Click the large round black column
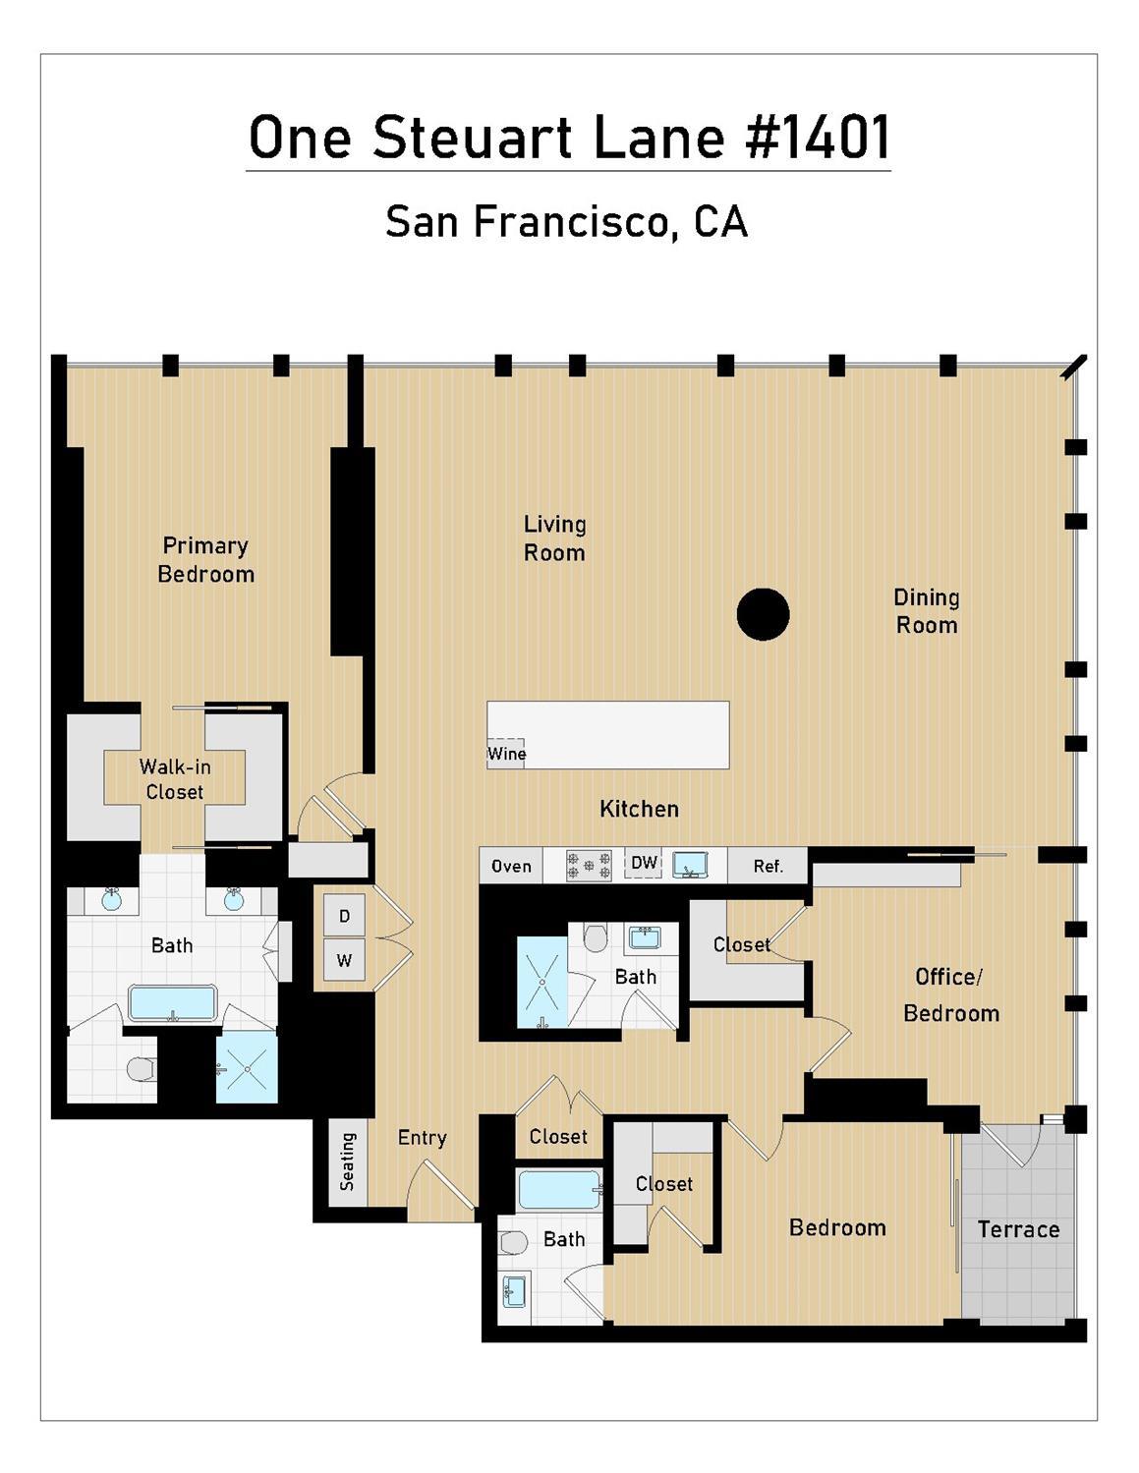coord(763,614)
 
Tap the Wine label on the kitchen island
coord(506,753)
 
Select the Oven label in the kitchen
coord(511,866)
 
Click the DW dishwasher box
coord(644,862)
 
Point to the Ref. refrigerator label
coord(769,866)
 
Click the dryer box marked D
coord(344,916)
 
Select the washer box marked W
coord(344,959)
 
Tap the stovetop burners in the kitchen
coord(589,866)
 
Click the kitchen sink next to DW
coord(690,866)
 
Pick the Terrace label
coord(1018,1229)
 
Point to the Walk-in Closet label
coord(175,779)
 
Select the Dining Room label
coord(927,611)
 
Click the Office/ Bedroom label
coord(951,995)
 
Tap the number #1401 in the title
coord(817,137)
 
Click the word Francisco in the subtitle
coord(571,222)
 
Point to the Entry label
coord(422,1138)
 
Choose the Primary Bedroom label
coord(205,560)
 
